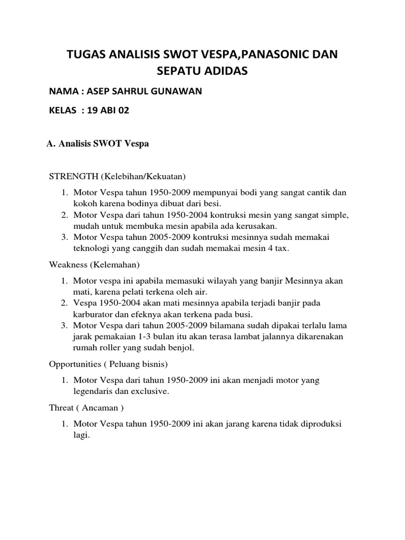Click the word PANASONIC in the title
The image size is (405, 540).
262,54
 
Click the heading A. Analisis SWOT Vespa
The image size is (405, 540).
98,144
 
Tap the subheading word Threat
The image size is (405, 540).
62,408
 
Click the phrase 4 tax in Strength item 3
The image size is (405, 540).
275,248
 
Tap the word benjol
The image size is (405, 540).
182,348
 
